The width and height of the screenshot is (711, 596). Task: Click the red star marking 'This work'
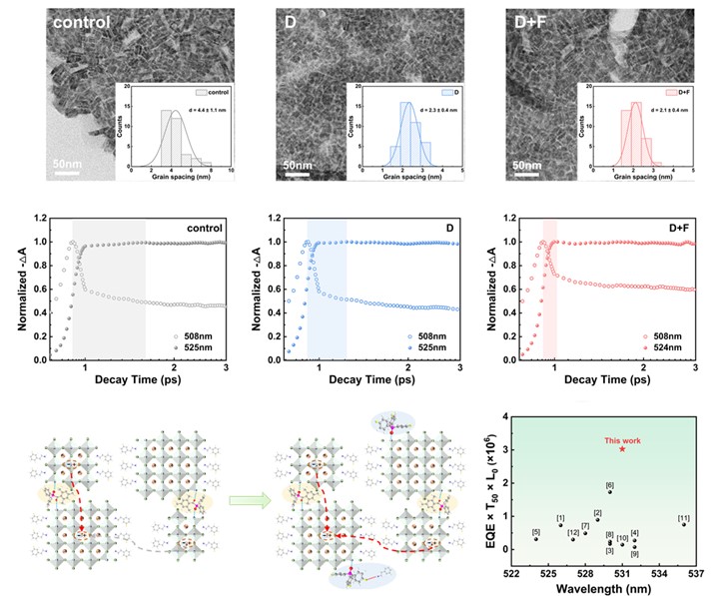point(622,449)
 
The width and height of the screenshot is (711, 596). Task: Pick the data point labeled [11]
point(683,523)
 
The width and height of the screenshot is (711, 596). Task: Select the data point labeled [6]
point(610,491)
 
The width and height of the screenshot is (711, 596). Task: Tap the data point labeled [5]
point(536,539)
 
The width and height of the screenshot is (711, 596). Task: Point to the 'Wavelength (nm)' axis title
point(602,589)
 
